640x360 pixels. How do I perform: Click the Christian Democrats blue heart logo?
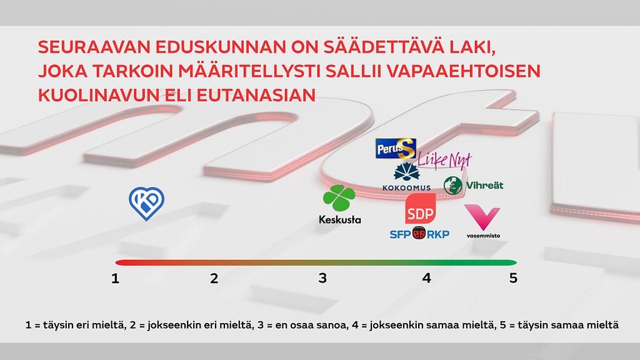[146, 203]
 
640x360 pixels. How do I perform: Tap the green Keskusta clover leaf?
[339, 198]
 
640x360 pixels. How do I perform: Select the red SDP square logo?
[421, 209]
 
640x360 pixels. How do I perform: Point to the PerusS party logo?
[396, 149]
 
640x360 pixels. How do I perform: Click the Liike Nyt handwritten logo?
[444, 159]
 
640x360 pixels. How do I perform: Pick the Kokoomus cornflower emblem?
[406, 172]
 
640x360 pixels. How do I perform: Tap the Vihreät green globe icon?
[452, 186]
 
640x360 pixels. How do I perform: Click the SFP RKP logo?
[419, 234]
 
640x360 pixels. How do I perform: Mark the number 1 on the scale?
[115, 279]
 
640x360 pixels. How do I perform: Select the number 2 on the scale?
[214, 279]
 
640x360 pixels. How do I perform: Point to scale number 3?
[322, 278]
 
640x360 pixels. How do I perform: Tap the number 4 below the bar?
[426, 278]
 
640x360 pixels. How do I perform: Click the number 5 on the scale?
[513, 278]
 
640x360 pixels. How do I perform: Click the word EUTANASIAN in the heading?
[256, 95]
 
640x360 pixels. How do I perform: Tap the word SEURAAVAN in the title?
[94, 47]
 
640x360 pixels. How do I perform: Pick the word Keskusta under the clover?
[340, 220]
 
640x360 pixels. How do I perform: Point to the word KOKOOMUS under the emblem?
[406, 187]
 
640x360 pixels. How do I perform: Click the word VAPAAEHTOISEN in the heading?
[463, 71]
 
